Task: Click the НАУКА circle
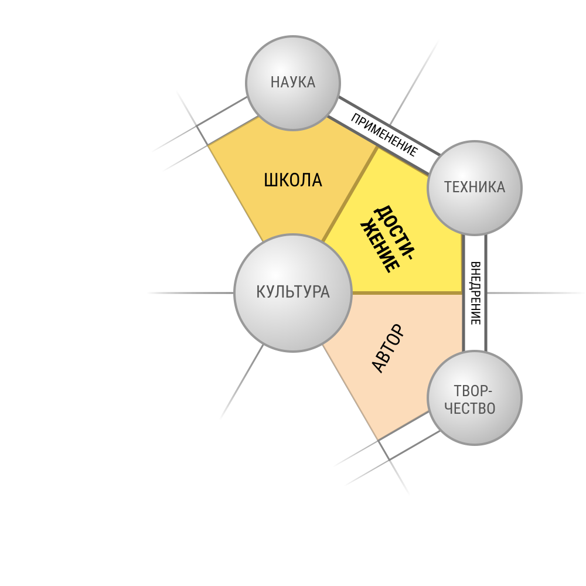(293, 83)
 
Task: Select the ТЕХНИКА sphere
(475, 188)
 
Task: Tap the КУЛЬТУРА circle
(293, 292)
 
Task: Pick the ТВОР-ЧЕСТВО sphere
(475, 398)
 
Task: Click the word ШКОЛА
(293, 180)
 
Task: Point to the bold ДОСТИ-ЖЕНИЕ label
(387, 239)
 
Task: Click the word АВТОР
(389, 349)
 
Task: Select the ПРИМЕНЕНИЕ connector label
(384, 135)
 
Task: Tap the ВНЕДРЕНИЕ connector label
(475, 293)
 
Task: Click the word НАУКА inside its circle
(293, 82)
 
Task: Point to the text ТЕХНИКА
(475, 187)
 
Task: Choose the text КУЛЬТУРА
(293, 292)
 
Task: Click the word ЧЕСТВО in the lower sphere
(470, 408)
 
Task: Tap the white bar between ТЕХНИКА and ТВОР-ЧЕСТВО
(475, 293)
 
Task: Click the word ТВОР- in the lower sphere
(473, 391)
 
